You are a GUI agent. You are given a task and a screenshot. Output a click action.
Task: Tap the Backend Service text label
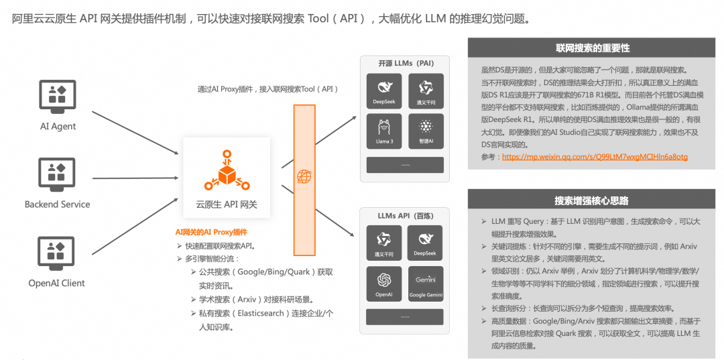(57, 204)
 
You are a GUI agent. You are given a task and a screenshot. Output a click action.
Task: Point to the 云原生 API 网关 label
(227, 204)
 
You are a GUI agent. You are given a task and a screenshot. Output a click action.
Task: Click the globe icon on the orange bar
(304, 177)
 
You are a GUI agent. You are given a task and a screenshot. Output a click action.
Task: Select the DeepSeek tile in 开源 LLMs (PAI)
(384, 91)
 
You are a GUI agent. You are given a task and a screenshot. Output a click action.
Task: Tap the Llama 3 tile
(384, 131)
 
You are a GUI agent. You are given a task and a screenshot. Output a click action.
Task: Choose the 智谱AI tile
(426, 131)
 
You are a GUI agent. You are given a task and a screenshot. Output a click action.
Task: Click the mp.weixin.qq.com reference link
(595, 157)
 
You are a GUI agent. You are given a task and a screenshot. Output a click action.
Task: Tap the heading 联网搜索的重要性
(593, 48)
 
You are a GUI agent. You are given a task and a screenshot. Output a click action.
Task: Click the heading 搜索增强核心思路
(593, 200)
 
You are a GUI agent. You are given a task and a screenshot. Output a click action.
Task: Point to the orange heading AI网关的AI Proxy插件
(211, 232)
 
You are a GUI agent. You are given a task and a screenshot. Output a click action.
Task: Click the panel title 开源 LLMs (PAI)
(406, 63)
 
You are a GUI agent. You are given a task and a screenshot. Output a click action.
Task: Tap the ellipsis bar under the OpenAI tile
(405, 316)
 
